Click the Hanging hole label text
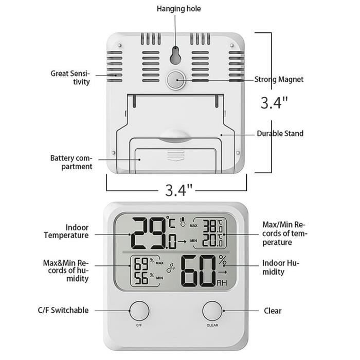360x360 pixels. click(179, 9)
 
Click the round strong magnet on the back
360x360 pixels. click(176, 80)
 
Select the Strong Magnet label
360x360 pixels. click(279, 79)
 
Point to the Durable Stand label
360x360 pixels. click(280, 134)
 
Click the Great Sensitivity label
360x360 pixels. click(70, 78)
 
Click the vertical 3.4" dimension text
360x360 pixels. click(274, 103)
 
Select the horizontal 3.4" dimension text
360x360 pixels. click(179, 190)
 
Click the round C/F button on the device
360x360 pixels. click(139, 311)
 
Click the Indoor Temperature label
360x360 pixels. click(70, 231)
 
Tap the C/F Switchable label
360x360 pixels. click(63, 310)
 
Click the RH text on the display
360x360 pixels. click(222, 283)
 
